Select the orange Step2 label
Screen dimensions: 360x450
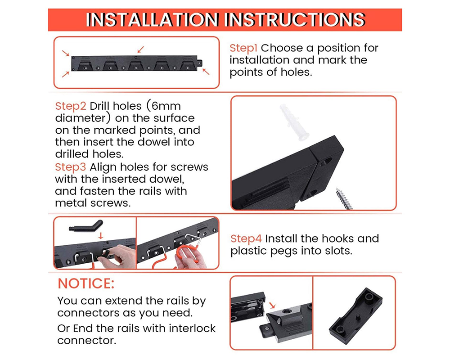(x=71, y=107)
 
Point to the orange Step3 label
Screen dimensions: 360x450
(x=71, y=167)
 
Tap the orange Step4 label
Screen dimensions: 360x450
(x=246, y=238)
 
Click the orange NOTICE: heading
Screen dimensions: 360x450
(x=86, y=283)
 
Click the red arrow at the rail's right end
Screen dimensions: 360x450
(x=206, y=72)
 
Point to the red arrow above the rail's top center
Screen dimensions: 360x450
(x=141, y=49)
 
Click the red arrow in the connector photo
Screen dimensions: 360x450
(x=272, y=306)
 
